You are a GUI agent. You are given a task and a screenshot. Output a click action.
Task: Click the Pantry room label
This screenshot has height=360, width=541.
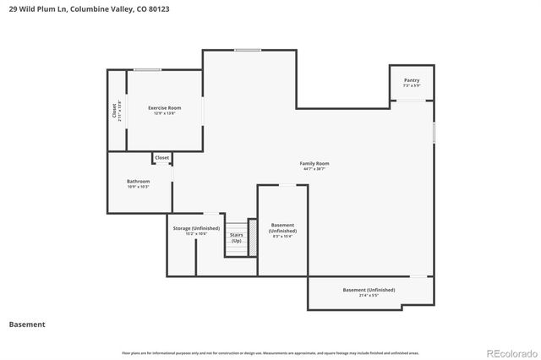tap(411, 80)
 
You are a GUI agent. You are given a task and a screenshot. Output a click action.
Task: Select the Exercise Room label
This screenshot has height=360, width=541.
tap(164, 107)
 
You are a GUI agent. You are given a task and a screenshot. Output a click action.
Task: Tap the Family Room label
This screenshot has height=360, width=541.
tap(314, 163)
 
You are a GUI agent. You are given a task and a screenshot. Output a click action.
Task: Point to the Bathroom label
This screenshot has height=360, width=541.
tap(139, 181)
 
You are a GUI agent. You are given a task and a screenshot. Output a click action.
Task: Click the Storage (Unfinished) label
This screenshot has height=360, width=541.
tap(196, 228)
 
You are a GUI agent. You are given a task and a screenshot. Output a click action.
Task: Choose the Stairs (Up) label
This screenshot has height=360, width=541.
tap(237, 237)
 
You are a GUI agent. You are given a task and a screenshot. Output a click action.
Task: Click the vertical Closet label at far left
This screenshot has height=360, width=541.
tap(114, 110)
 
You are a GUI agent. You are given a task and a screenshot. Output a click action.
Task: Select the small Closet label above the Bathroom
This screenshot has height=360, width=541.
tap(161, 157)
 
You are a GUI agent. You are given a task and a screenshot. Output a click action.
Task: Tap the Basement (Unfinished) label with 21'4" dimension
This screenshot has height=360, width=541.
tap(369, 290)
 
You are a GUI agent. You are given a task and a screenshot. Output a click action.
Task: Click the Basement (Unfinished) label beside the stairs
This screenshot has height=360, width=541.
tap(282, 228)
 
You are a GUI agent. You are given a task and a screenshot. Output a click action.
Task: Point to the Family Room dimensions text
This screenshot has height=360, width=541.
tap(314, 169)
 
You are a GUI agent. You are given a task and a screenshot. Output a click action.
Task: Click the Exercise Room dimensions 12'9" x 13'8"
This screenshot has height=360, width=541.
tap(164, 113)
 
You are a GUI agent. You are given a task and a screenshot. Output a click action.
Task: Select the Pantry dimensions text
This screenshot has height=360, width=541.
tap(411, 85)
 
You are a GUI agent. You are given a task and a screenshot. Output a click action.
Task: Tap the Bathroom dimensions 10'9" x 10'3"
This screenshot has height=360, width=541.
tap(139, 187)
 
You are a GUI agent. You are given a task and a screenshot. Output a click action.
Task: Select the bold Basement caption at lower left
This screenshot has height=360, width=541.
tap(27, 325)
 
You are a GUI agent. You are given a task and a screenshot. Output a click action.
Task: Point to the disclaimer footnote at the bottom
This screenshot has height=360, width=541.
tap(270, 352)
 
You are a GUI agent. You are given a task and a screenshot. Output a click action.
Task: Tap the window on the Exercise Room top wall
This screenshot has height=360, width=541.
tap(147, 69)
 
